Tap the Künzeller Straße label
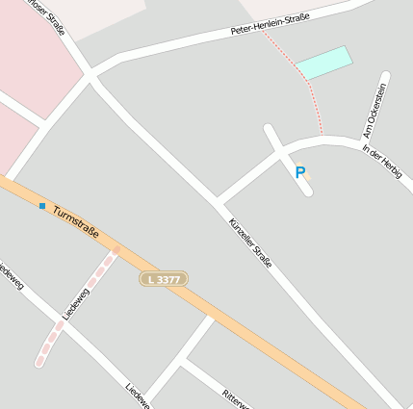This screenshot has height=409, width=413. [x=250, y=242]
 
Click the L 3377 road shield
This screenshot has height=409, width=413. [x=163, y=279]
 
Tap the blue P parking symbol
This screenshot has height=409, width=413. [x=300, y=172]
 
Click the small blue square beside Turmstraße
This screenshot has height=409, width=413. [x=42, y=205]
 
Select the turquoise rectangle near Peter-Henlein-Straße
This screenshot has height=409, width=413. [x=323, y=63]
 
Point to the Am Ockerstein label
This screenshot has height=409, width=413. [x=374, y=111]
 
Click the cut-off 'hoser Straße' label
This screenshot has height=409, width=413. [x=52, y=18]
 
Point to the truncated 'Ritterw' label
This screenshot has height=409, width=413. [x=235, y=398]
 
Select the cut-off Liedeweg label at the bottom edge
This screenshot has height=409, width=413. [x=136, y=395]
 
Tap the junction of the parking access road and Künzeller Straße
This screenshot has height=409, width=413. [x=218, y=203]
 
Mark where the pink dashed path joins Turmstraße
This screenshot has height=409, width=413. [x=116, y=249]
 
